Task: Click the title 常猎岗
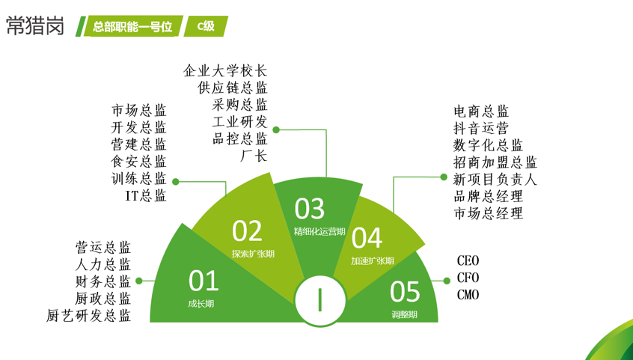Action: (x=35, y=26)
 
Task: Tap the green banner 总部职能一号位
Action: (x=133, y=26)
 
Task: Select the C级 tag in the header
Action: (x=206, y=26)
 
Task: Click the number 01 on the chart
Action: (x=204, y=281)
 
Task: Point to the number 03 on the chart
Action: (x=309, y=209)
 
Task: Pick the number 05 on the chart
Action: (x=405, y=292)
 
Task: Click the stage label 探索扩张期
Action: (x=253, y=254)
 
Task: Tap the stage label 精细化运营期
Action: (x=319, y=231)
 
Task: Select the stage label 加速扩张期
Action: (x=372, y=261)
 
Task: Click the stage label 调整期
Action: (x=405, y=314)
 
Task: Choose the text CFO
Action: (x=468, y=278)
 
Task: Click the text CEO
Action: (x=468, y=260)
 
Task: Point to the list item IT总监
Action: (x=146, y=195)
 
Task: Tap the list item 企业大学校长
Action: (x=225, y=70)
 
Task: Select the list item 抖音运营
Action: (x=481, y=128)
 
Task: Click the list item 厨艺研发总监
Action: (x=88, y=316)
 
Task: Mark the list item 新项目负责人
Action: (x=495, y=179)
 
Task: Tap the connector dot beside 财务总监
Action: (x=139, y=281)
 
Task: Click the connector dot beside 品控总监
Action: (x=276, y=129)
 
